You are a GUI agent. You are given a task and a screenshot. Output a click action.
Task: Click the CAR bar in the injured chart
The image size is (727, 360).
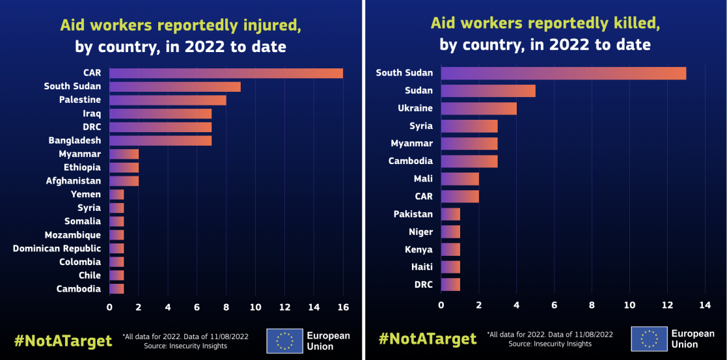(x=226, y=73)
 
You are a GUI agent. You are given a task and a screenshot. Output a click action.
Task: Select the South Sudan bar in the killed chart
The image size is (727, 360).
(x=564, y=73)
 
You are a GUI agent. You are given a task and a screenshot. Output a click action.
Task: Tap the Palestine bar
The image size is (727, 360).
(x=168, y=100)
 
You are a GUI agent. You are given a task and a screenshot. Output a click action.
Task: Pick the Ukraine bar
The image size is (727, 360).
(x=479, y=108)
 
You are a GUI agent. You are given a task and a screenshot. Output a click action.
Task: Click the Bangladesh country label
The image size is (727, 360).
(x=75, y=141)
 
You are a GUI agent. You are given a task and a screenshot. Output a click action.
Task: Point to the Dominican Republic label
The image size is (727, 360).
(x=57, y=248)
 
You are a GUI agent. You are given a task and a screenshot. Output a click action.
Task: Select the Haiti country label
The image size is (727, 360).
(x=418, y=267)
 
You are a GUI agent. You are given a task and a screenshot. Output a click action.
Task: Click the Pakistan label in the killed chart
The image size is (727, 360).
(x=413, y=214)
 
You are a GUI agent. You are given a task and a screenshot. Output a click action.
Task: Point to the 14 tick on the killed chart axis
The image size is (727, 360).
(x=705, y=305)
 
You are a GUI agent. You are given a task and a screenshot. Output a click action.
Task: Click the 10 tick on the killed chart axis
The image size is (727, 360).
(x=629, y=305)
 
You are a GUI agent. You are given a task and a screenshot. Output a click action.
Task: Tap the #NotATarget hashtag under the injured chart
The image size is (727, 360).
(x=63, y=340)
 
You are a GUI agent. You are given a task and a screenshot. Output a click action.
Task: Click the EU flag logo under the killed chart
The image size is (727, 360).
(x=649, y=339)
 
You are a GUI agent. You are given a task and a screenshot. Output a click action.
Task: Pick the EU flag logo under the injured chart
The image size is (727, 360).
(x=284, y=340)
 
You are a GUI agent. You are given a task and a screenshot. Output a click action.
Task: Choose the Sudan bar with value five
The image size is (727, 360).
(x=488, y=90)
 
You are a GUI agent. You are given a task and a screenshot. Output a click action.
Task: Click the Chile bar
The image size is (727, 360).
(x=117, y=275)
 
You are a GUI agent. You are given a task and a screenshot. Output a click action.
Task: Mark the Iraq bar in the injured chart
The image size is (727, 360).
(x=160, y=114)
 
